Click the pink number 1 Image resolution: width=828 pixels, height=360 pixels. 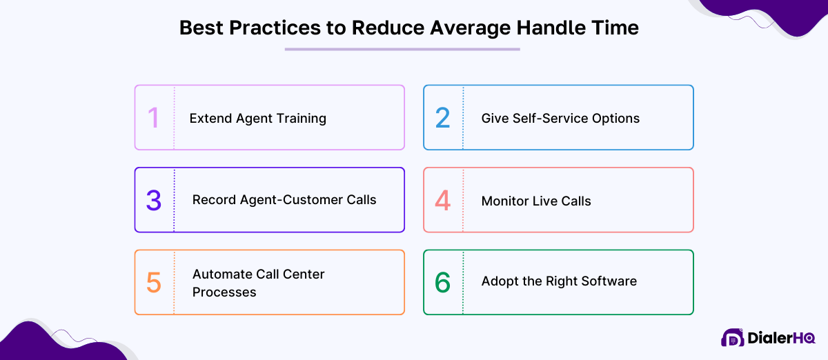click(x=153, y=118)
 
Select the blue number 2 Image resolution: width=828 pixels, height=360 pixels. click(x=442, y=118)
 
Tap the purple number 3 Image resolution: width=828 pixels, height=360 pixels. click(x=153, y=200)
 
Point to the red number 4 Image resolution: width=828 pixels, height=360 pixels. click(x=442, y=201)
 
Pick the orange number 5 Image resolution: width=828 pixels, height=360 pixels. click(x=153, y=283)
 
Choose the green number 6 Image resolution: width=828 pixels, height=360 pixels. click(x=442, y=282)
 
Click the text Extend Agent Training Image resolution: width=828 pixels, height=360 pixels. click(x=257, y=118)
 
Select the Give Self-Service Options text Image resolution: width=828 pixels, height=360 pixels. click(x=560, y=118)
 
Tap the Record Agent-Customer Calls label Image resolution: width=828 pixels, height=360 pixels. click(x=284, y=200)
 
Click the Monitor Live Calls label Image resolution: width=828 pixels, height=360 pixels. click(x=536, y=201)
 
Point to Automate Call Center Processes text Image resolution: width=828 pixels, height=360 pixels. click(x=258, y=283)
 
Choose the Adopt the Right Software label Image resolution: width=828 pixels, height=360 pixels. click(x=559, y=281)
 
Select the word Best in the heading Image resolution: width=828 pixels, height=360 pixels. click(x=202, y=28)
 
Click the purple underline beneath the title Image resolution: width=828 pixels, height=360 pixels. click(x=402, y=49)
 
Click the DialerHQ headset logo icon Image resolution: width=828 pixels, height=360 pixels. click(x=733, y=338)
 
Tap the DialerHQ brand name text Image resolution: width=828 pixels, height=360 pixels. click(x=782, y=339)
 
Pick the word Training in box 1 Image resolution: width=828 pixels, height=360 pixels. click(x=301, y=119)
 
